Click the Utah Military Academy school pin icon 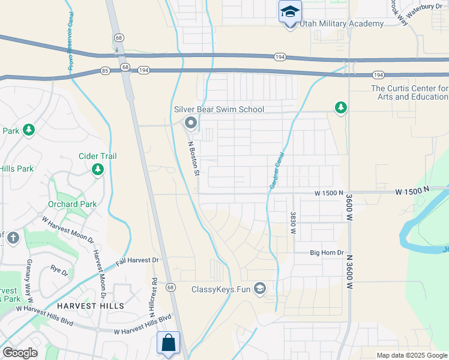(290, 12)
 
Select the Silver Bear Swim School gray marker (191, 124)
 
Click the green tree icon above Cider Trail (97, 170)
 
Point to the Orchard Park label (72, 204)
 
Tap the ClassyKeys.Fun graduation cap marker (259, 289)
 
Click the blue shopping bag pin (169, 343)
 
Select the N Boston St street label (193, 158)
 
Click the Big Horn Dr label (327, 253)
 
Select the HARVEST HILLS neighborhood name (91, 306)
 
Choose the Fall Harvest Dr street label (137, 261)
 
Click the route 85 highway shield (105, 70)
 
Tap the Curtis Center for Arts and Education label (409, 92)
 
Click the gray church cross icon (13, 238)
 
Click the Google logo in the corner (20, 353)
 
